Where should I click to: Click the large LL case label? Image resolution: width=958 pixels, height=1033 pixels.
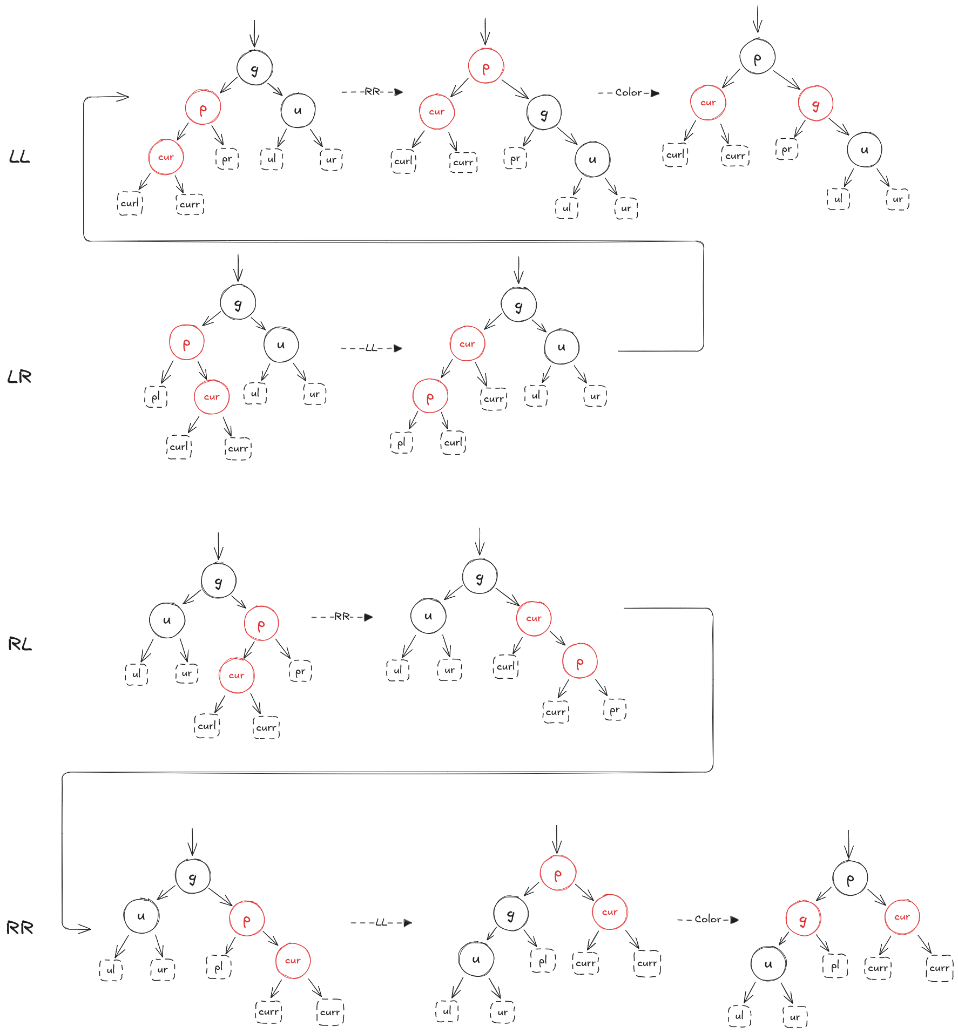(19, 157)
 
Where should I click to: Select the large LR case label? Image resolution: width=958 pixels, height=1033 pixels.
(19, 376)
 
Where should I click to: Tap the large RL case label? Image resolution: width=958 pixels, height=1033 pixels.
(20, 644)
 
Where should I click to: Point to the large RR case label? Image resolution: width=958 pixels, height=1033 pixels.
(20, 928)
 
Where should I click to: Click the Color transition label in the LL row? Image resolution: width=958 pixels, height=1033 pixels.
(629, 93)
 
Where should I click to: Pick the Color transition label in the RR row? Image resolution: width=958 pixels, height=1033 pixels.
(708, 919)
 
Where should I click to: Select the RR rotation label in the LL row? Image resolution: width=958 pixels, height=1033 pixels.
(372, 92)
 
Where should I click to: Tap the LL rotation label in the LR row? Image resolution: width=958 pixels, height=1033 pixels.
(371, 348)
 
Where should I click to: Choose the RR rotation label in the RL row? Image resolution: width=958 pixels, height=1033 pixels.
(342, 617)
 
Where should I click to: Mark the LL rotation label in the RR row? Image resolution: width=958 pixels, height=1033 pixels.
(381, 922)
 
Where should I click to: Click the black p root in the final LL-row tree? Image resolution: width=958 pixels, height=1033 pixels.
(757, 57)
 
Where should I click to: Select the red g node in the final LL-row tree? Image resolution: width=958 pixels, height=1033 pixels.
(815, 104)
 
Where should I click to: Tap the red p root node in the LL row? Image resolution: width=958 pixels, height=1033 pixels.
(485, 66)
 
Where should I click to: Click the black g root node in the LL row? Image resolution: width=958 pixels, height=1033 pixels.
(254, 68)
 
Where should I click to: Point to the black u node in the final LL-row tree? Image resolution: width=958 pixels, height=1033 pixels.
(864, 150)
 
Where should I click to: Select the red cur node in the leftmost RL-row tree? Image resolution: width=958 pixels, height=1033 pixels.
(237, 676)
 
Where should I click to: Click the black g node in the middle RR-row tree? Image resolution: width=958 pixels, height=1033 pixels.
(511, 914)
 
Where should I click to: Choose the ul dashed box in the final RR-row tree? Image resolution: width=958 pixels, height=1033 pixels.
(739, 1016)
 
